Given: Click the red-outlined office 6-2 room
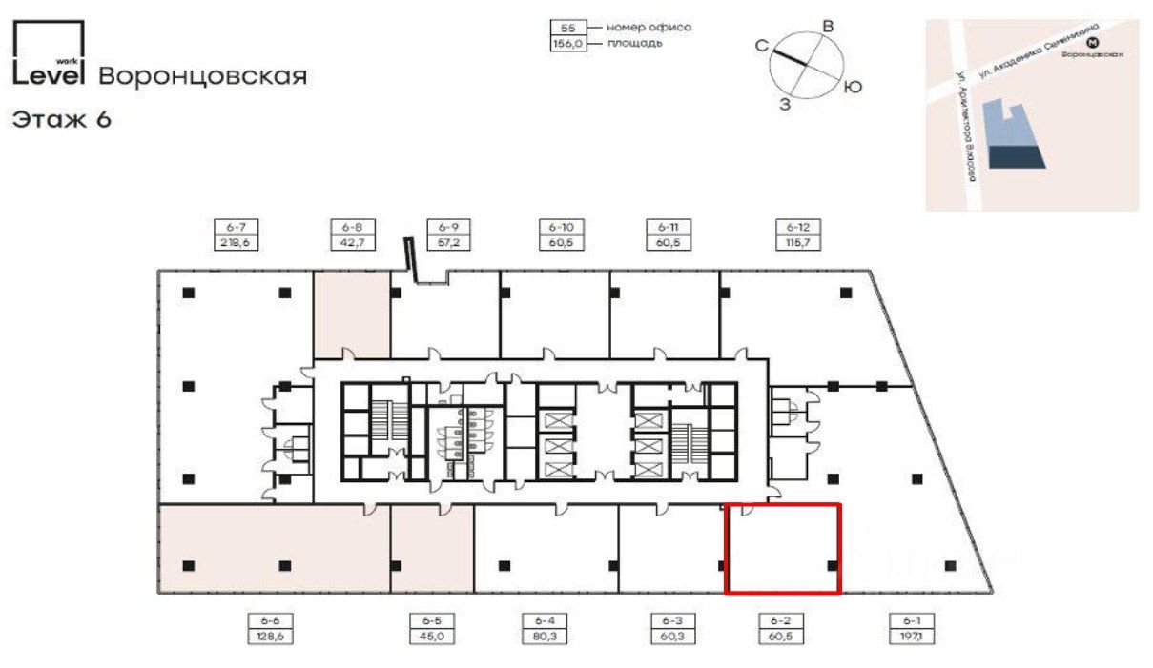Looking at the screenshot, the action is click(x=783, y=549).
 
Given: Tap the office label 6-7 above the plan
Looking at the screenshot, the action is click(x=237, y=228).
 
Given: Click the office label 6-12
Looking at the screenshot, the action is click(x=797, y=228).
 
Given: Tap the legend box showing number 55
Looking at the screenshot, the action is click(x=567, y=29).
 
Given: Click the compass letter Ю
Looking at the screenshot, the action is click(x=854, y=88).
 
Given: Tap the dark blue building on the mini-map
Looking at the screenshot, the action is click(x=1017, y=158).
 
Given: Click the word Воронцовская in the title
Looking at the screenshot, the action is click(x=203, y=76).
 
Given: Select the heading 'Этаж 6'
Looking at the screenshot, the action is click(x=62, y=120).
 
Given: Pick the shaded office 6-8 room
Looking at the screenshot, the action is click(x=352, y=312).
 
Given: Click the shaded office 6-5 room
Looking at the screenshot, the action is click(x=432, y=549).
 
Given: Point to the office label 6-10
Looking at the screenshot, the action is click(x=561, y=228).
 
